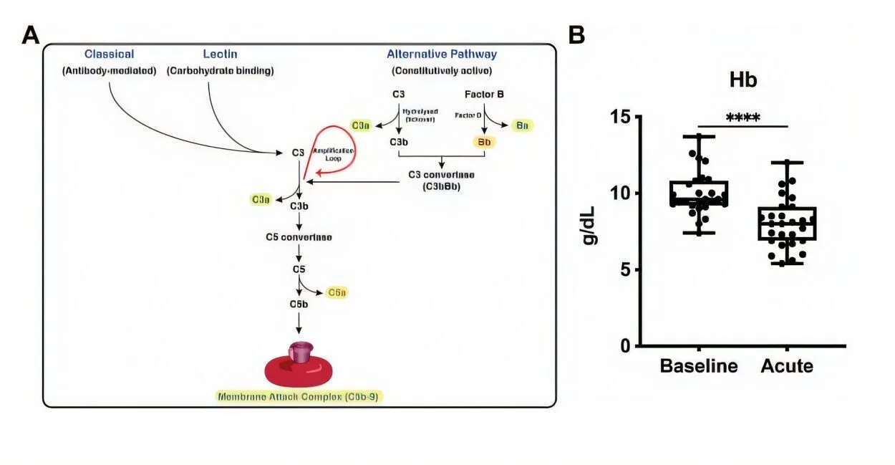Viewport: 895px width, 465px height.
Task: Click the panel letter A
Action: tap(31, 34)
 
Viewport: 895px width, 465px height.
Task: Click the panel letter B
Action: tap(576, 34)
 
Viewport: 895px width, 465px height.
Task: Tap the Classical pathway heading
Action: tap(109, 54)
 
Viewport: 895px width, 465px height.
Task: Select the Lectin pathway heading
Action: tap(220, 54)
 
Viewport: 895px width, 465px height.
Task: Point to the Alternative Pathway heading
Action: tap(441, 54)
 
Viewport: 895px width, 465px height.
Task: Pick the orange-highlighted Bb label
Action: tap(485, 142)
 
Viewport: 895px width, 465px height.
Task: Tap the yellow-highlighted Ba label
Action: tap(523, 125)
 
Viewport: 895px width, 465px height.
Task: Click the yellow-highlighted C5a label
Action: tap(337, 292)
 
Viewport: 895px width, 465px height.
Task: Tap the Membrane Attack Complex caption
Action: tap(300, 396)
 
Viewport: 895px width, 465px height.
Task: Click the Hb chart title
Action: tap(742, 80)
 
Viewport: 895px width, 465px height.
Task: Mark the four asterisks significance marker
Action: tap(742, 118)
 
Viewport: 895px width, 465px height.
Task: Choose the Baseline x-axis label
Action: tap(698, 366)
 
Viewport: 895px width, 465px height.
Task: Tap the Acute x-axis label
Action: tap(787, 366)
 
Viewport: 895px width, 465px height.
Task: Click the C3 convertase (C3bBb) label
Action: tap(440, 181)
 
